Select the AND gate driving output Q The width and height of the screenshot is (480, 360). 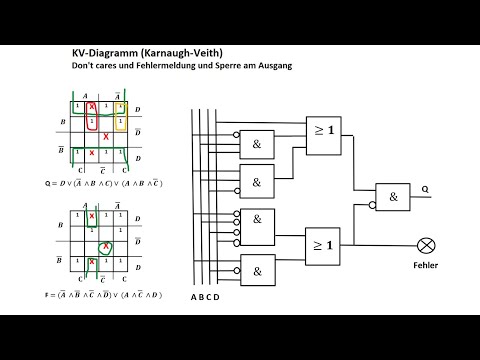click(392, 197)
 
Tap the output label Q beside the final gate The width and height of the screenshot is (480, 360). click(425, 187)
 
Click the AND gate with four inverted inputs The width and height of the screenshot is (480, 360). click(257, 225)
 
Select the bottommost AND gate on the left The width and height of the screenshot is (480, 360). click(257, 270)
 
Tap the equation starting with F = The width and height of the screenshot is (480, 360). click(106, 295)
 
